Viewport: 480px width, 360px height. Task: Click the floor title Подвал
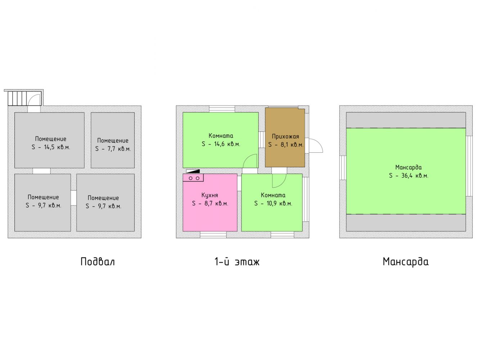[x=98, y=262]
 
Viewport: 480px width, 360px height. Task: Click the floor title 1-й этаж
[x=237, y=261]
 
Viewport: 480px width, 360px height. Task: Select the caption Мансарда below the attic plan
[x=406, y=262]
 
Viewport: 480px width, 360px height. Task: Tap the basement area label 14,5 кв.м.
[x=51, y=147]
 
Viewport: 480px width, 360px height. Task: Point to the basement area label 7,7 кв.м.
[x=113, y=149]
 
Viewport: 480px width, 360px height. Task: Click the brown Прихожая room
[x=285, y=138]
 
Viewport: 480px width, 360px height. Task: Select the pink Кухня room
[x=210, y=202]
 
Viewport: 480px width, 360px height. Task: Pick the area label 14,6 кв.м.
[x=221, y=144]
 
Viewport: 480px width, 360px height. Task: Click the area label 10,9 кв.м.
[x=273, y=203]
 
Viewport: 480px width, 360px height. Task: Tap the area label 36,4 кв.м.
[x=408, y=176]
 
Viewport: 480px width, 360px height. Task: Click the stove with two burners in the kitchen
[x=193, y=178]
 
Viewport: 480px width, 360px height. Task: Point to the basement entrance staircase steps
[x=18, y=98]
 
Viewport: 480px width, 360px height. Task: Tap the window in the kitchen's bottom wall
[x=213, y=235]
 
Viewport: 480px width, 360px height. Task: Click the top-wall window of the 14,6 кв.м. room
[x=222, y=109]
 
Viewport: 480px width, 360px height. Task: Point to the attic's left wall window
[x=343, y=168]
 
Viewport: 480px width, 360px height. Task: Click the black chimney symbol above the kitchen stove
[x=193, y=171]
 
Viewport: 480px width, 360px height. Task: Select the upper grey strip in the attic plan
[x=406, y=120]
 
